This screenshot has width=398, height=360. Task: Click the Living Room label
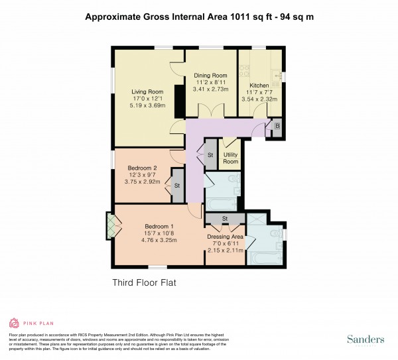[x=147, y=92]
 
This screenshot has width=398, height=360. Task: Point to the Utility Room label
[x=230, y=158]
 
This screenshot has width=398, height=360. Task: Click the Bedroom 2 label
[x=143, y=168]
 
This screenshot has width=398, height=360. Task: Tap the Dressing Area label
[x=225, y=237]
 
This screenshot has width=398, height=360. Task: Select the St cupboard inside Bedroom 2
[x=177, y=188]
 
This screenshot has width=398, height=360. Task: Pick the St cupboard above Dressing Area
[x=225, y=219]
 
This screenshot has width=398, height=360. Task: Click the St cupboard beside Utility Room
[x=210, y=155]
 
